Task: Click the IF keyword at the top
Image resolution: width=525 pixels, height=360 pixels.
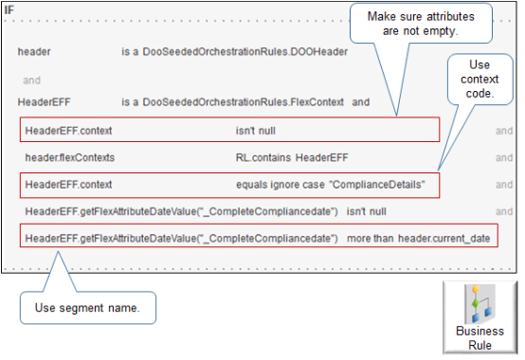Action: (x=9, y=9)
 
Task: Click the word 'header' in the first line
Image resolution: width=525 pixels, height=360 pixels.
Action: (x=34, y=52)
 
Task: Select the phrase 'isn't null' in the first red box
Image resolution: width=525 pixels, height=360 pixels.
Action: (x=258, y=129)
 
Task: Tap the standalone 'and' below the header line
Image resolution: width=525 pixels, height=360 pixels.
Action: (x=31, y=80)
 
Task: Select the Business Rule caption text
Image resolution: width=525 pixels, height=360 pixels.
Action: (x=480, y=338)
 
